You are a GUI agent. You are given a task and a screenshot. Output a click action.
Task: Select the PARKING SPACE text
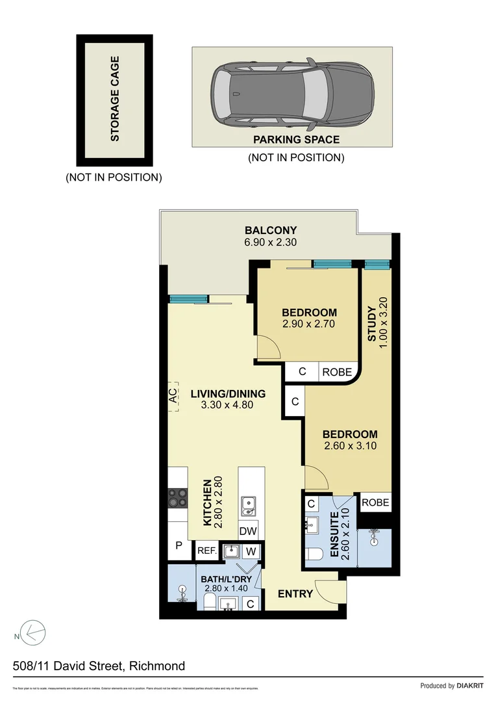[x=296, y=139]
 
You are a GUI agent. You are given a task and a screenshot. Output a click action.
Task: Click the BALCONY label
[x=271, y=230]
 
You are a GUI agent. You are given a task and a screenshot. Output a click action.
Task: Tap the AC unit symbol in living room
[x=173, y=396]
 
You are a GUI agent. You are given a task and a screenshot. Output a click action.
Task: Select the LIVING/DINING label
[x=228, y=393]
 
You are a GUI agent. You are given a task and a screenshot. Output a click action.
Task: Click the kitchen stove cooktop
[x=177, y=499]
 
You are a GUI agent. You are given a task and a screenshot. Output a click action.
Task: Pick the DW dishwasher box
[x=248, y=531]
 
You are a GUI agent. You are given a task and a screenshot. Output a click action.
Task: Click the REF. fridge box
[x=206, y=551]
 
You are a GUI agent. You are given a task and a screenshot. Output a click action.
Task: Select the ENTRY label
[x=295, y=593]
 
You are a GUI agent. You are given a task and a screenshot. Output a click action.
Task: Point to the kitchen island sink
[x=247, y=505]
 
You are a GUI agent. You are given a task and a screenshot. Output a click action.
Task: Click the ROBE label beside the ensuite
[x=375, y=502]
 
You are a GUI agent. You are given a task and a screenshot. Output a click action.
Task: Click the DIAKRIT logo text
[x=470, y=686]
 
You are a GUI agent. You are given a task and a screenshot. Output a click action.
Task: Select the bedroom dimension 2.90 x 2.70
[x=308, y=324]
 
